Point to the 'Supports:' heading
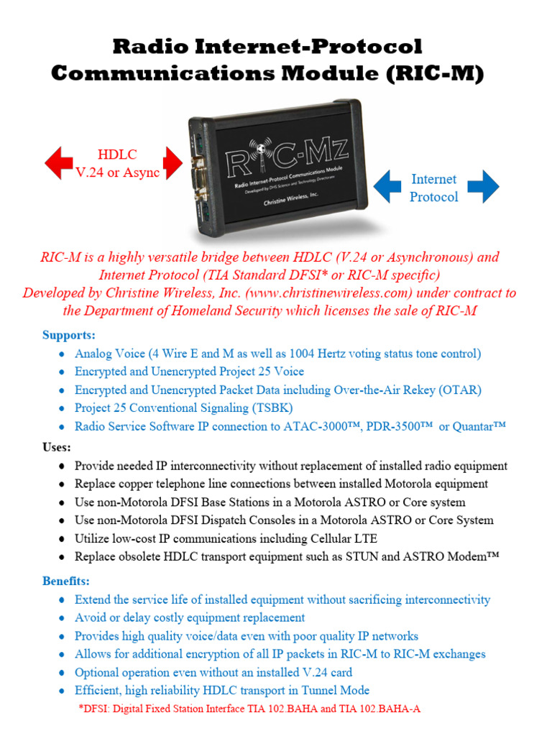[68, 335]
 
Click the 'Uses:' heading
[57, 447]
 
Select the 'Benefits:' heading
[66, 581]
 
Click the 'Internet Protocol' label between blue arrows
[433, 188]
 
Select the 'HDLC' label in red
[117, 155]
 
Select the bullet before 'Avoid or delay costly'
[63, 618]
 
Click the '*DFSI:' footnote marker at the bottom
[95, 709]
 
